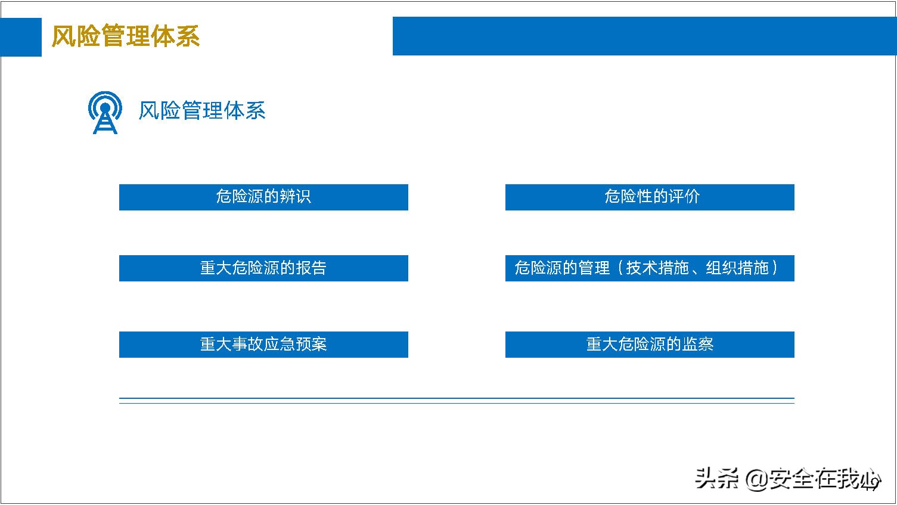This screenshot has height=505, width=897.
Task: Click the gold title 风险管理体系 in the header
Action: click(125, 36)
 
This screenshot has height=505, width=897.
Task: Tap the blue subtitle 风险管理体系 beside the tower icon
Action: click(201, 111)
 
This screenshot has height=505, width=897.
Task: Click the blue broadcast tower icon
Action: click(105, 112)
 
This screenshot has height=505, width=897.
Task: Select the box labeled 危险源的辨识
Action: click(263, 197)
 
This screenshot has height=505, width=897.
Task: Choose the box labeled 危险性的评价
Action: click(650, 197)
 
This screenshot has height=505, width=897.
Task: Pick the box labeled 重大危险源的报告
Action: click(263, 268)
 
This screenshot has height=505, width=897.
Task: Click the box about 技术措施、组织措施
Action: click(650, 268)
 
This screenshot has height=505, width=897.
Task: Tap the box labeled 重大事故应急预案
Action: click(263, 345)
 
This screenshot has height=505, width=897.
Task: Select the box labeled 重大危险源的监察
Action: click(650, 345)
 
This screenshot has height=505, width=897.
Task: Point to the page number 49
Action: click(871, 484)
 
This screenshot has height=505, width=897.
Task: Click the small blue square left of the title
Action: click(21, 37)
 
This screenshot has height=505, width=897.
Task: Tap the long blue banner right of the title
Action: click(644, 36)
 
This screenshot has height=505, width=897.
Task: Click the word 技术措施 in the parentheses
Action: click(657, 268)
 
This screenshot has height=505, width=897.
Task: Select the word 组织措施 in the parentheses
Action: click(737, 268)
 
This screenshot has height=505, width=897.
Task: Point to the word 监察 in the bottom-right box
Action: click(698, 345)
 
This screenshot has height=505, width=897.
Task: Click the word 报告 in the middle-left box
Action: click(311, 268)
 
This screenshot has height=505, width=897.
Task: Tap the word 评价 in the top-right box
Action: click(684, 197)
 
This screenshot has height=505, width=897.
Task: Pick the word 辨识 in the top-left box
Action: click(295, 197)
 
